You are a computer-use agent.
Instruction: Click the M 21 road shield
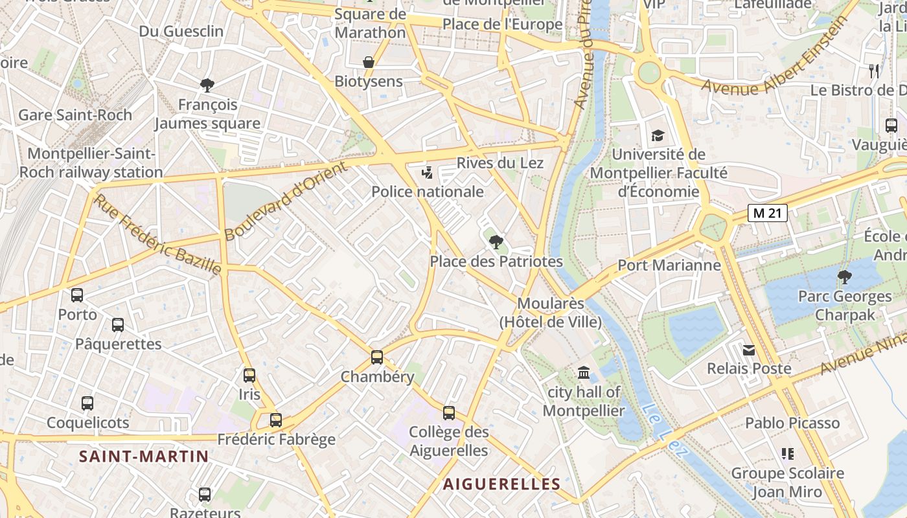pyautogui.click(x=767, y=213)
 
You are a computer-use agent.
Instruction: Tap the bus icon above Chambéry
pyautogui.click(x=377, y=357)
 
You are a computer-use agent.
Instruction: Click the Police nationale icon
pyautogui.click(x=427, y=173)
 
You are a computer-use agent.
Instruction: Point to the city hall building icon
pyautogui.click(x=584, y=373)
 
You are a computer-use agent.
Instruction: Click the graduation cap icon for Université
pyautogui.click(x=658, y=135)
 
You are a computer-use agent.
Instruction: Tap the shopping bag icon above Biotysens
pyautogui.click(x=369, y=62)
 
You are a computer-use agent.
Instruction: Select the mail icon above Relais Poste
pyautogui.click(x=749, y=350)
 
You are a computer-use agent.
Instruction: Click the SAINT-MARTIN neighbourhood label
pyautogui.click(x=144, y=456)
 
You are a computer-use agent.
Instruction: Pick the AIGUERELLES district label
pyautogui.click(x=501, y=484)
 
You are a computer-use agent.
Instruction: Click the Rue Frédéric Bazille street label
pyautogui.click(x=157, y=234)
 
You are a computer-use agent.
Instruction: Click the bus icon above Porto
pyautogui.click(x=77, y=295)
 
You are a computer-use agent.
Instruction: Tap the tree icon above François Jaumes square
pyautogui.click(x=207, y=85)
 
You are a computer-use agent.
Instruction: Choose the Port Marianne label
pyautogui.click(x=669, y=265)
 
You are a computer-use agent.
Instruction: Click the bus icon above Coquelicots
pyautogui.click(x=87, y=403)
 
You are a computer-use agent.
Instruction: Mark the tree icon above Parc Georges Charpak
pyautogui.click(x=844, y=278)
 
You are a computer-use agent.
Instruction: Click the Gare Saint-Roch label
pyautogui.click(x=75, y=115)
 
